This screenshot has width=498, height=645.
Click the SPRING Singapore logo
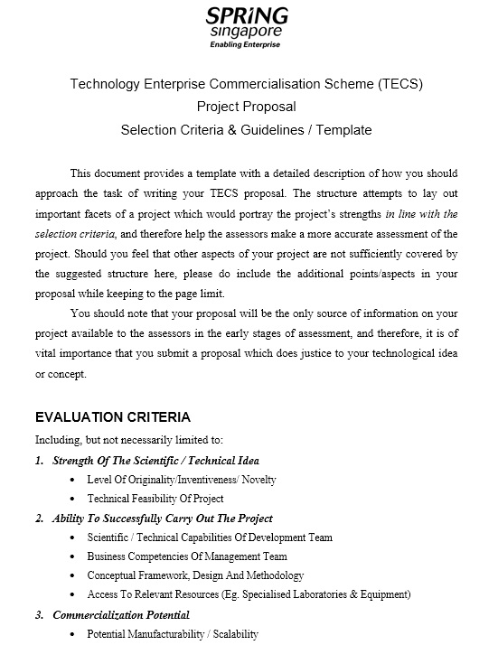246,23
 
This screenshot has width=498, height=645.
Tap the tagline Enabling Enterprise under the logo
246,43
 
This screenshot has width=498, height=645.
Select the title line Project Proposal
246,107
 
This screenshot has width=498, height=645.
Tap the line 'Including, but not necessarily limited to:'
127,440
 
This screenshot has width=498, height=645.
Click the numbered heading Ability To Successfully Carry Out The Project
163,519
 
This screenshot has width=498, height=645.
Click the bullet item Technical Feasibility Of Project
155,499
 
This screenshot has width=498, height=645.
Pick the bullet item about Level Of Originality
181,480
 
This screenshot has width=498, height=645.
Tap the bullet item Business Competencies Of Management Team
186,556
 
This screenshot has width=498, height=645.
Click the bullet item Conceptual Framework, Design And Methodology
195,575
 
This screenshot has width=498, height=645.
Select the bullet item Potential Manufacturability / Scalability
173,634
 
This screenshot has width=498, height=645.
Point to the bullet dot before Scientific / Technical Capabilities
72,537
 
